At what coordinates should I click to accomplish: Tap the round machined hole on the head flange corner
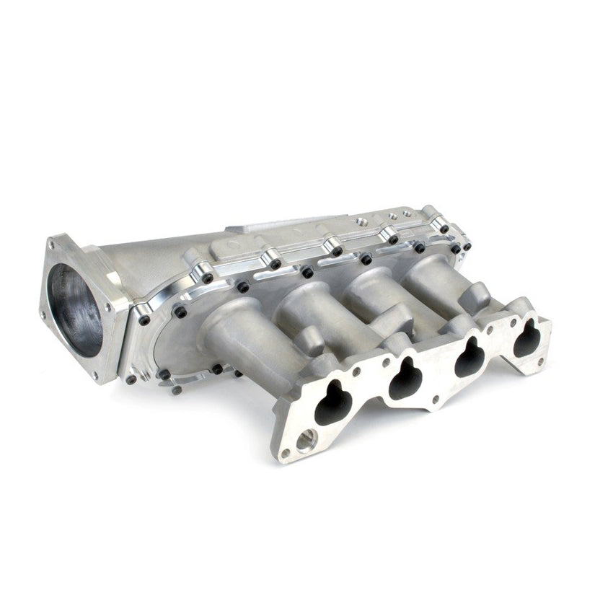(x=307, y=436)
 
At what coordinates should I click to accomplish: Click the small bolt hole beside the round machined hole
(x=286, y=453)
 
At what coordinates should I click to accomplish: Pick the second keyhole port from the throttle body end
(x=406, y=380)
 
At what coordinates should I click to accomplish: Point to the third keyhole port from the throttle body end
(x=469, y=361)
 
